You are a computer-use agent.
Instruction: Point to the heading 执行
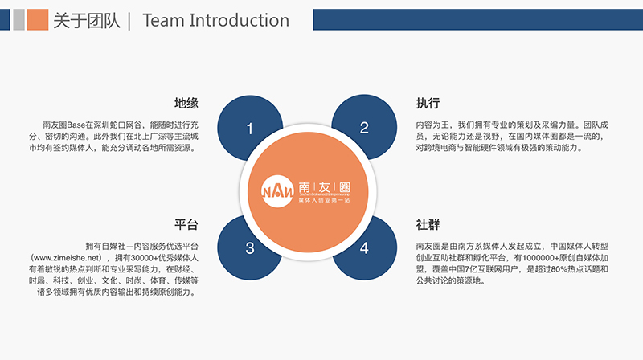click(428, 104)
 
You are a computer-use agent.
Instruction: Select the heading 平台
click(186, 224)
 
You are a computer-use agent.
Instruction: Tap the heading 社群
click(428, 224)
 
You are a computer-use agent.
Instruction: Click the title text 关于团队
click(84, 21)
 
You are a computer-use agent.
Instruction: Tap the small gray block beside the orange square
click(18, 20)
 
